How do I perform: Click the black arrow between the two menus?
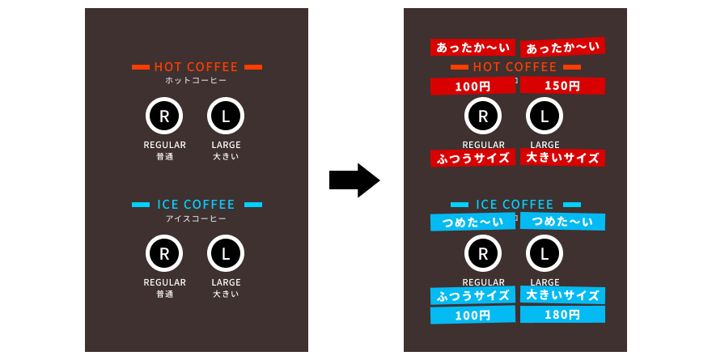click(354, 180)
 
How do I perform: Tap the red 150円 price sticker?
click(562, 85)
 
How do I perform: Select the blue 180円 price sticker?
click(562, 314)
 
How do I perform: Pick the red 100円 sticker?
click(473, 86)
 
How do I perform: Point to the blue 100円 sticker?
click(473, 315)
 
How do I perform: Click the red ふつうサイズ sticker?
click(473, 158)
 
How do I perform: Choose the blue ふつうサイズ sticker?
click(473, 295)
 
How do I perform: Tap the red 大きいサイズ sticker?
click(562, 158)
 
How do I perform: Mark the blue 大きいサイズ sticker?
click(562, 295)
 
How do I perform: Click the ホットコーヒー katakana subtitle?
click(196, 80)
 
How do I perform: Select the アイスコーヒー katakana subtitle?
click(196, 218)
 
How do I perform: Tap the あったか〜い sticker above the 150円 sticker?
click(562, 47)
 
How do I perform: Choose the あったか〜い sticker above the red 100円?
click(473, 47)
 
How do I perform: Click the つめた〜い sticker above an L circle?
click(562, 221)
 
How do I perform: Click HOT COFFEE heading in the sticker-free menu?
click(196, 66)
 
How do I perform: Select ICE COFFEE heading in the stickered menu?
click(515, 205)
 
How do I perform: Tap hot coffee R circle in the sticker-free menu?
click(164, 116)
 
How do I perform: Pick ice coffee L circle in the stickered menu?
click(545, 253)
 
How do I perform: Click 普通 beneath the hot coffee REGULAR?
click(164, 157)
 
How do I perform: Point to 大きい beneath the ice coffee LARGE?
click(226, 294)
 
